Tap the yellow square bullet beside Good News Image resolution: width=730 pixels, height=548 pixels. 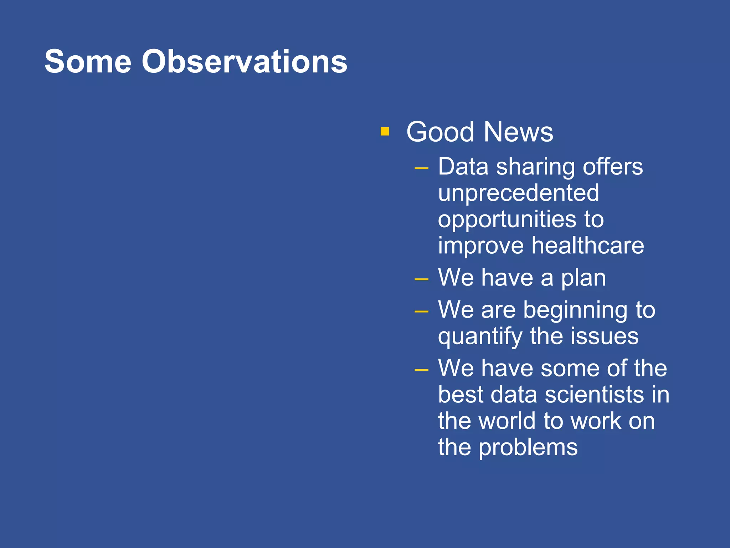point(385,131)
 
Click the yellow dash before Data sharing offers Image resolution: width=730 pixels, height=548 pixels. point(421,168)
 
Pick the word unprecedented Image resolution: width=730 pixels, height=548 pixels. point(518,193)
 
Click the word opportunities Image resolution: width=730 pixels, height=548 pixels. point(507,220)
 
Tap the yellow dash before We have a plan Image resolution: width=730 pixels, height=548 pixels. point(421,279)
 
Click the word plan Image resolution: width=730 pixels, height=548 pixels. point(584,279)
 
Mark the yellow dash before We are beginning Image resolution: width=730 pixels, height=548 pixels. point(421,311)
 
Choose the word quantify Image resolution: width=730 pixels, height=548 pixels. point(480,337)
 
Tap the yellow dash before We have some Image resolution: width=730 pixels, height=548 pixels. point(421,370)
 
